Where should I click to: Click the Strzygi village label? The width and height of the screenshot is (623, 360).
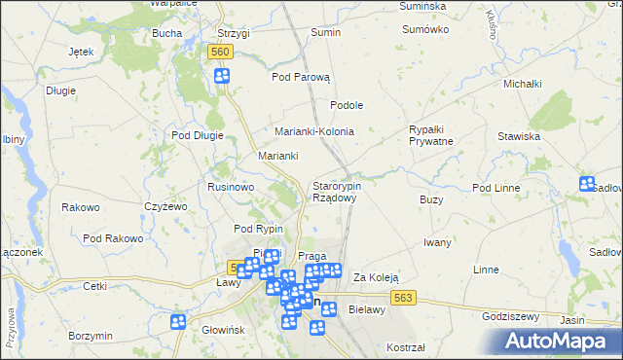pos(234,33)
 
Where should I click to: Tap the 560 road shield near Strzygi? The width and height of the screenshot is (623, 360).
pos(221,52)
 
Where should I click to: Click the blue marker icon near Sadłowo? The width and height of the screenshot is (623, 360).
pos(587,183)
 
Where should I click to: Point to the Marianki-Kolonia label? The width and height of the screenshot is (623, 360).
pos(313,131)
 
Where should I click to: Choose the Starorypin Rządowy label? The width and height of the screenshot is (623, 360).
pos(336,191)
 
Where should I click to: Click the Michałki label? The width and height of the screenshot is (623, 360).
pos(522,84)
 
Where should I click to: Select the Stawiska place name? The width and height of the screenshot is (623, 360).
pos(519,136)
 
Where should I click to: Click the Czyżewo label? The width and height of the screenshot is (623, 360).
pos(165,206)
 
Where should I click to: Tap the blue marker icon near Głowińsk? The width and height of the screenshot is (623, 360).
pos(178,321)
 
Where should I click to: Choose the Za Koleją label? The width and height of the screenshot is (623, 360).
pos(376,277)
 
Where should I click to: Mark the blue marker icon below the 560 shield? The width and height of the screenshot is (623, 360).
pos(222,76)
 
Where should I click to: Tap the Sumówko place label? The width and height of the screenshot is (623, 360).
pos(425,29)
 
